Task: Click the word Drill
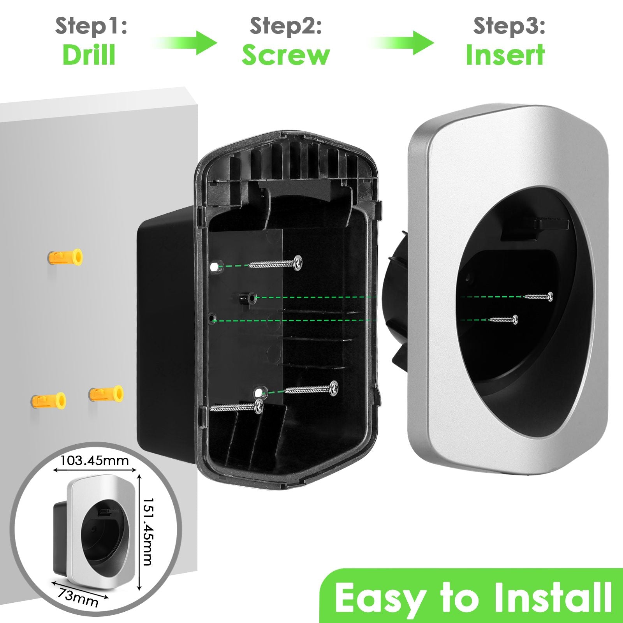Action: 89,55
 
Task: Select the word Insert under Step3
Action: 505,55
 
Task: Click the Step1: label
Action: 91,26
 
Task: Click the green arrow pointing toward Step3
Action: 403,42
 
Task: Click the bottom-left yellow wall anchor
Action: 49,400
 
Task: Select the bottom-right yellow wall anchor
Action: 106,394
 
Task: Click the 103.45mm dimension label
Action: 95,461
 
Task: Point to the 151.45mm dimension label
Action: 147,531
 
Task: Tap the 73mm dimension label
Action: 78,598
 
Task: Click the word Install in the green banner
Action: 553,597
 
